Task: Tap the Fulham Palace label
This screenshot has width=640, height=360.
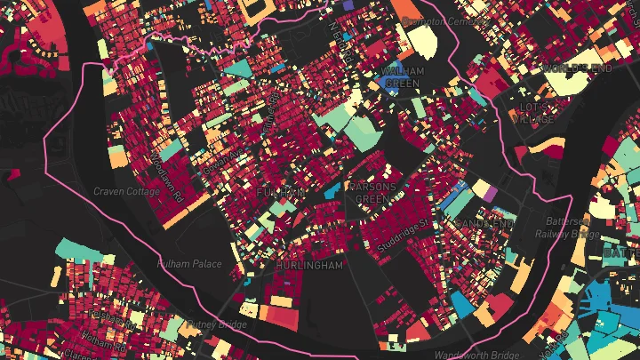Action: point(188,264)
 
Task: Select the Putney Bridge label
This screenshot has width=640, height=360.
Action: point(216,324)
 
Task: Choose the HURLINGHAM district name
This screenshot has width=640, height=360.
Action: point(308,266)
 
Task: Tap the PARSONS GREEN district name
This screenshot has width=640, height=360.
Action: point(372,193)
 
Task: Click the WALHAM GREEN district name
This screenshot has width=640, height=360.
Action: point(400,76)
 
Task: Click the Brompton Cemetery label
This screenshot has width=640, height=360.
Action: point(434,20)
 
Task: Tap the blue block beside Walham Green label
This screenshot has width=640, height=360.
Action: point(389,83)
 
